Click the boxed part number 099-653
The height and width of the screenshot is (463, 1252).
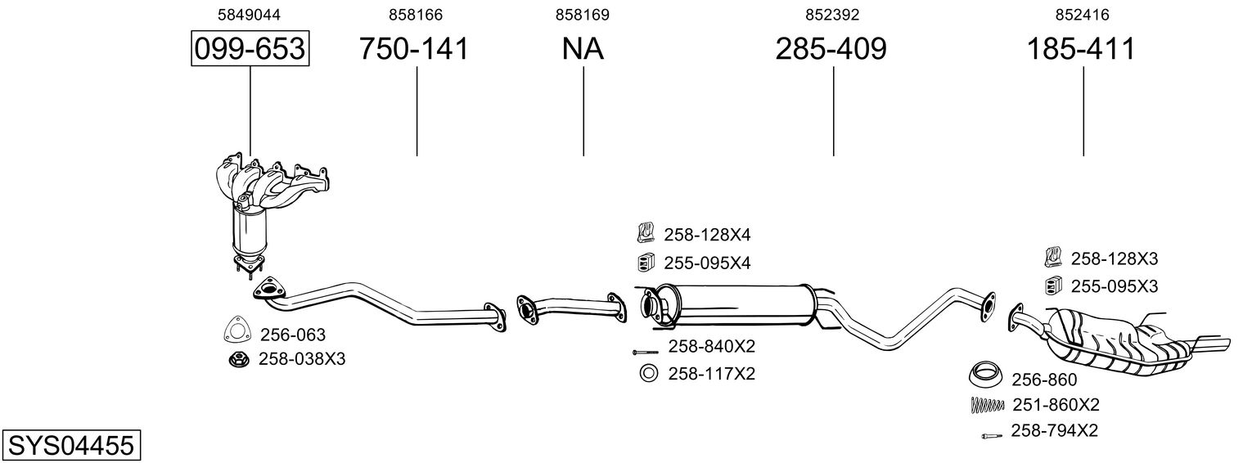tap(250, 48)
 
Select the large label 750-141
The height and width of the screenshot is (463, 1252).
tap(413, 48)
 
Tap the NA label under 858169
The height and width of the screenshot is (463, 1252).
tap(583, 48)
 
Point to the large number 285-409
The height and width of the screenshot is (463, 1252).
tap(831, 48)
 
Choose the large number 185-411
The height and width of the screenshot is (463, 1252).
tap(1081, 48)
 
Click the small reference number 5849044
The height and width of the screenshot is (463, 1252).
tap(250, 15)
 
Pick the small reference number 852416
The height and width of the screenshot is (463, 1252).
tap(1082, 15)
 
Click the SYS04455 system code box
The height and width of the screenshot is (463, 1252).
tap(71, 446)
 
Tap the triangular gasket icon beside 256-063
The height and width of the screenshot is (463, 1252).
tap(236, 330)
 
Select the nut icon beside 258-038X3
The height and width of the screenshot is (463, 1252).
tap(239, 359)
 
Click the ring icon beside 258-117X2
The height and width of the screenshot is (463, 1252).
tap(648, 372)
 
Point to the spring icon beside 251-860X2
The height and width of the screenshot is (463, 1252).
tap(988, 404)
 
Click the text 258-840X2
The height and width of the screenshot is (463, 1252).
tap(712, 346)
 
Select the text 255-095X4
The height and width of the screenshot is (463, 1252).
tap(707, 263)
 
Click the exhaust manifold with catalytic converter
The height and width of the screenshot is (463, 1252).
tap(263, 212)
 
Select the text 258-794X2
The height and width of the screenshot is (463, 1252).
tap(1054, 430)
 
